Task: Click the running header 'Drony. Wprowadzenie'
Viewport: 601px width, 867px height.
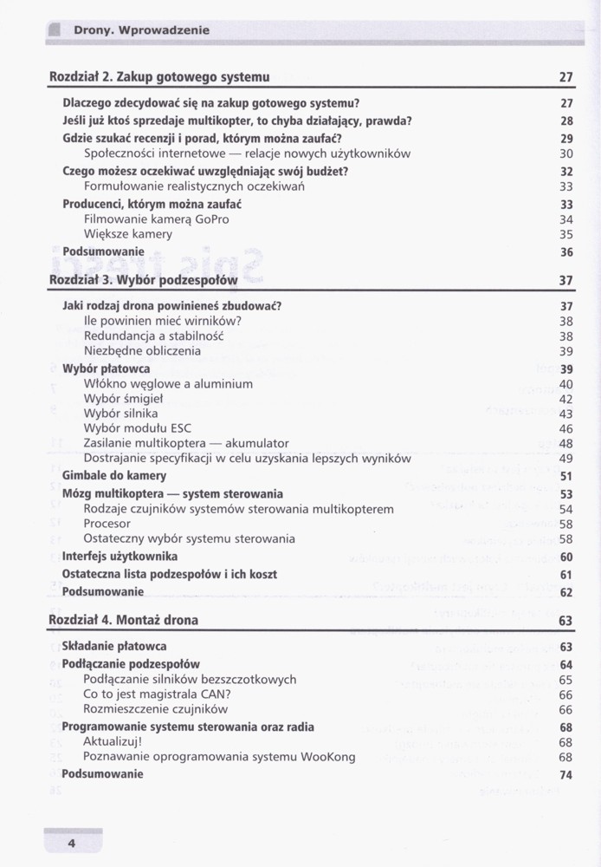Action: tap(141, 30)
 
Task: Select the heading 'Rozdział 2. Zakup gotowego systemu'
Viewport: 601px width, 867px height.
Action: tap(159, 77)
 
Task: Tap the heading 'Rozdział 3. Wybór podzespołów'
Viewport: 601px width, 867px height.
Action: tap(143, 280)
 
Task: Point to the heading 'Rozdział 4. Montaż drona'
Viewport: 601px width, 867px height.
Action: tap(123, 620)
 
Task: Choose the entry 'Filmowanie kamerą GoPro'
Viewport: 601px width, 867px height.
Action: tap(156, 219)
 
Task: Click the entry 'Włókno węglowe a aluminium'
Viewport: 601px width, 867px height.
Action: tap(168, 383)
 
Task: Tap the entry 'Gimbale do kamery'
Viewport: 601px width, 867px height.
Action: tap(114, 476)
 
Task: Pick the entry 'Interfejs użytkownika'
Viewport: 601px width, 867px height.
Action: tap(120, 557)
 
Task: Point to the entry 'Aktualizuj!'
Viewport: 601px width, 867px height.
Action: tap(113, 742)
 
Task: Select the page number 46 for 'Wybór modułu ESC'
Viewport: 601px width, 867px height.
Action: tap(566, 428)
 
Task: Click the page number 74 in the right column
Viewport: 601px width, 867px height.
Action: tap(566, 775)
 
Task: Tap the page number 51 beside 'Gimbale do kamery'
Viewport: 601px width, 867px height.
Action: tap(566, 476)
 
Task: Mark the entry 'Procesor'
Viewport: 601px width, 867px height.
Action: tap(107, 524)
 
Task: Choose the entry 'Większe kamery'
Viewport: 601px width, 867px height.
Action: tap(127, 234)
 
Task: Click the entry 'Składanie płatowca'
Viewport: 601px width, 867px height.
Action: tap(114, 647)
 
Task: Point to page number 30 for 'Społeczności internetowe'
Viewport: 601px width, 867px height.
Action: tap(566, 153)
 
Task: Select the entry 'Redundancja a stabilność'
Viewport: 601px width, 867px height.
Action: tap(154, 336)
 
